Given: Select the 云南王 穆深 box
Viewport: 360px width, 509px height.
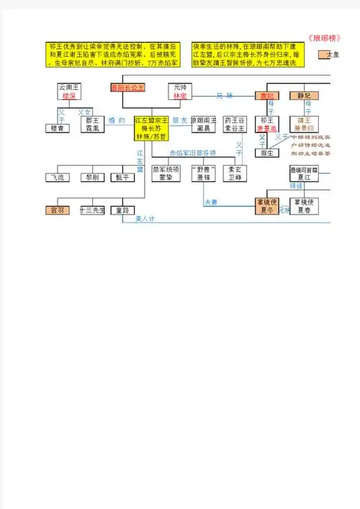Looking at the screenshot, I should tap(70, 91).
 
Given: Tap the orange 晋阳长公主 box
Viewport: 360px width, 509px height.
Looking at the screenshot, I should tap(127, 88).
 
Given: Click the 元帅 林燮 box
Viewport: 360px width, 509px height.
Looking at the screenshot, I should tap(180, 91).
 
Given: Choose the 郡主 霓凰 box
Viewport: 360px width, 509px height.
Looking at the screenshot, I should tap(92, 124).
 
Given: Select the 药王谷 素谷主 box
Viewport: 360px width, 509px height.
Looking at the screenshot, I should tap(237, 124).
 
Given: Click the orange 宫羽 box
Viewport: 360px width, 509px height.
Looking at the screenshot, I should tap(57, 210).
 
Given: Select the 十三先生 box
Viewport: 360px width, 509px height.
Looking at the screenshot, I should tap(92, 210).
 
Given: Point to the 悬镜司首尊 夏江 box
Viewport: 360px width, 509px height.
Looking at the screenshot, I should tap(304, 173).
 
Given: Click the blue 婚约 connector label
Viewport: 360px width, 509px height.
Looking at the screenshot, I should tap(117, 120).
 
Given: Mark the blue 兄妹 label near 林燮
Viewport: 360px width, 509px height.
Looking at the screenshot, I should tap(225, 96).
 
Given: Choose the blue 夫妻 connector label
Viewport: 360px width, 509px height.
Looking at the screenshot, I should tap(212, 202).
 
